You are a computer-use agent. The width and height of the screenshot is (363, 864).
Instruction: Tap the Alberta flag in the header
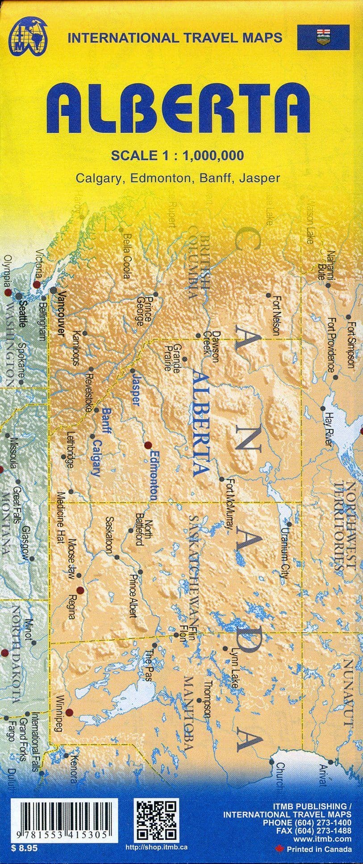point(323,38)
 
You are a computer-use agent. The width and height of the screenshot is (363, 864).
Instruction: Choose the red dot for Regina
point(80,590)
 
